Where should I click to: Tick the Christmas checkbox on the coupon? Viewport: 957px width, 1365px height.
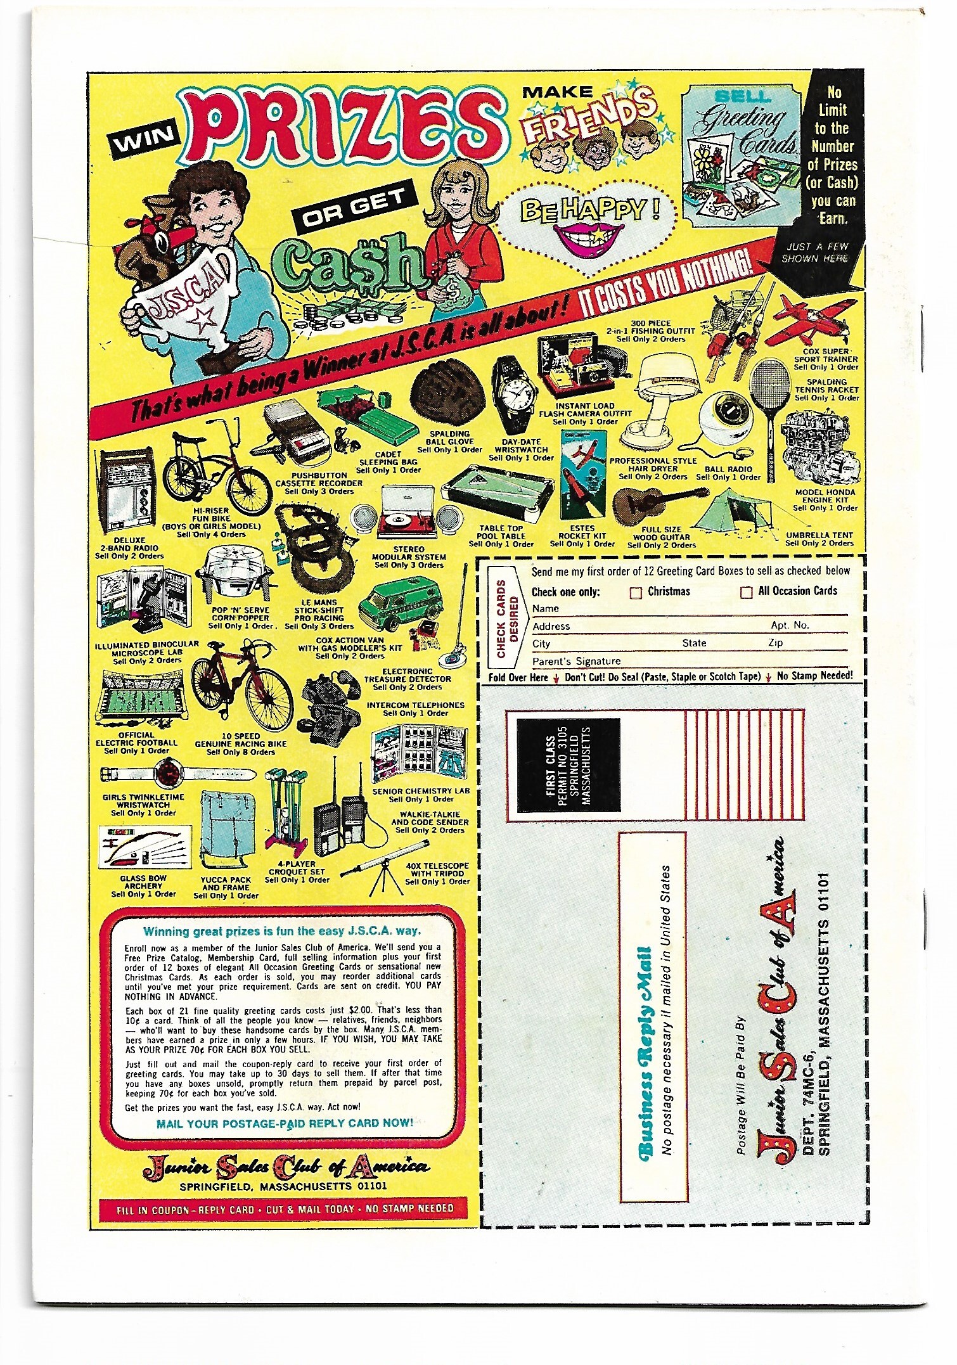point(636,593)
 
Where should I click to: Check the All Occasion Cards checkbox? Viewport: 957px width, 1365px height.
point(746,592)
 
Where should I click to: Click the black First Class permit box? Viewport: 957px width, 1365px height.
point(568,765)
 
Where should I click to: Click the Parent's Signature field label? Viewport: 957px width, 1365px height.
point(576,661)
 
